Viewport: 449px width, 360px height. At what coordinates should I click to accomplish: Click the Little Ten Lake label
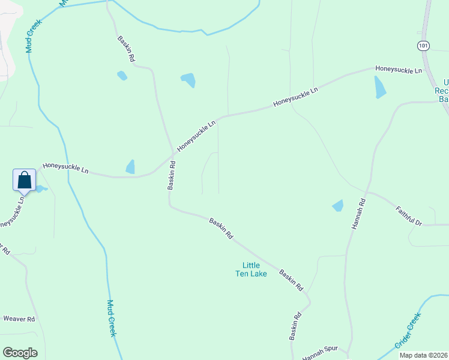(254, 269)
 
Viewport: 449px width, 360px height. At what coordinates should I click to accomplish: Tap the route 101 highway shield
(423, 46)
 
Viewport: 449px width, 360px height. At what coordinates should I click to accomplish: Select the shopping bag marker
(25, 179)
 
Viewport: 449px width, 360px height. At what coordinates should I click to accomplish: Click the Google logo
(20, 353)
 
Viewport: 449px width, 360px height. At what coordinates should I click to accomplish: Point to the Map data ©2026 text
(423, 355)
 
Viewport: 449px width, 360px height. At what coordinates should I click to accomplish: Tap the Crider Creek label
(408, 331)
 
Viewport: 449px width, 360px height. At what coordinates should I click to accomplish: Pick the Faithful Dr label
(409, 216)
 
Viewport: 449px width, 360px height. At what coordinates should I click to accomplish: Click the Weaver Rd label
(19, 319)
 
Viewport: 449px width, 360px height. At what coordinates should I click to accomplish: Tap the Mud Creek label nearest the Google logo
(111, 318)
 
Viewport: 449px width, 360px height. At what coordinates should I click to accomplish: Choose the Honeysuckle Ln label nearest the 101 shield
(399, 70)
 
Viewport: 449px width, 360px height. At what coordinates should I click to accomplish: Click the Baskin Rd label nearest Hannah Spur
(294, 326)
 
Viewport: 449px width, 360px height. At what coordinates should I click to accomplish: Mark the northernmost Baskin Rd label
(126, 50)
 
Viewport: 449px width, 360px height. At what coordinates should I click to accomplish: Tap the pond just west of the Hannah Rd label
(338, 206)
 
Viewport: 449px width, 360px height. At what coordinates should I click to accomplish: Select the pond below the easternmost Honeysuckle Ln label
(380, 88)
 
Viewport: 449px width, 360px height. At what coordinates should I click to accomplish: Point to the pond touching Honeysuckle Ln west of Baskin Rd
(130, 167)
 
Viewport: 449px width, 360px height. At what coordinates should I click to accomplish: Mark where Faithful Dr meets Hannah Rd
(368, 193)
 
